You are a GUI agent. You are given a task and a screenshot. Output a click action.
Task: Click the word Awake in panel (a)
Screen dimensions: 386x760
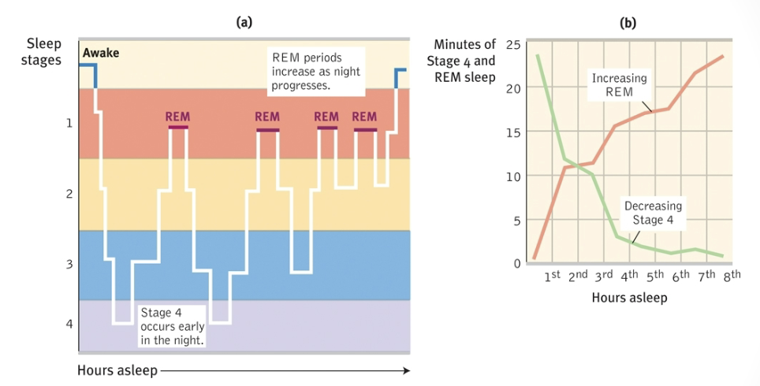coord(101,53)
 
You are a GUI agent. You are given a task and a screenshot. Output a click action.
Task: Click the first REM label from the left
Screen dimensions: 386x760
coord(177,117)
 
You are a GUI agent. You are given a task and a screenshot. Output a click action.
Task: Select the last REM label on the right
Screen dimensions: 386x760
coord(365,117)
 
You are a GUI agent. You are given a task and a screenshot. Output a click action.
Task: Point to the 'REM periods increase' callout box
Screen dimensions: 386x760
coord(315,72)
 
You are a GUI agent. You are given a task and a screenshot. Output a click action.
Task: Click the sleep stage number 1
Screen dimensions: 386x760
coord(69,123)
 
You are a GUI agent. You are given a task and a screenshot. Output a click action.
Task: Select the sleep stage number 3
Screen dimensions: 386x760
coord(69,264)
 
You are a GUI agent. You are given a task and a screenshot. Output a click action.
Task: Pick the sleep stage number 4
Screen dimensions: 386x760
coord(69,324)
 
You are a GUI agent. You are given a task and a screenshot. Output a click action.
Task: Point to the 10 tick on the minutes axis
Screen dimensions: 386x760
coord(512,175)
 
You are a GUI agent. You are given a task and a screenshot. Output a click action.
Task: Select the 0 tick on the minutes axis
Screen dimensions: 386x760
coord(516,263)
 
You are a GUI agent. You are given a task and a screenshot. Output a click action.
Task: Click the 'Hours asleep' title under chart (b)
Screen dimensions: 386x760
coord(628,297)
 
